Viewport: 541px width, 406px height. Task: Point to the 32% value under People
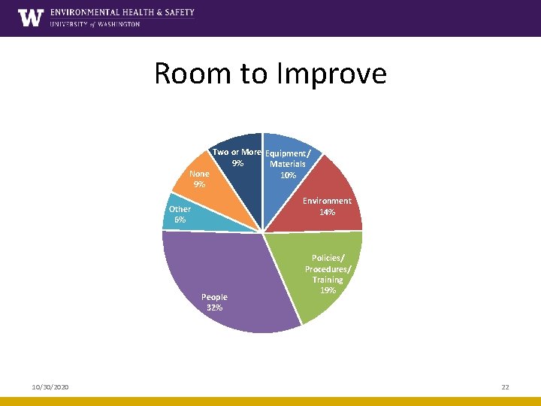tap(214, 308)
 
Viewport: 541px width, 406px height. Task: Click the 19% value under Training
tap(328, 290)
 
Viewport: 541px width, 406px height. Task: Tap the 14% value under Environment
tap(327, 212)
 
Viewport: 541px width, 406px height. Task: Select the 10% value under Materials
tap(288, 175)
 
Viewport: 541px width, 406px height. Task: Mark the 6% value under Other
tap(180, 220)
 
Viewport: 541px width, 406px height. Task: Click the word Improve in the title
tap(335, 74)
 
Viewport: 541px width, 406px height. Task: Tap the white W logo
tap(31, 18)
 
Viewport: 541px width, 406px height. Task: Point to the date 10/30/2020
tap(50, 386)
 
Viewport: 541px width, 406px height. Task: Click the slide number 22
tap(505, 386)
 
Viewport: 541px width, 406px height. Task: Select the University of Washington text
tap(95, 24)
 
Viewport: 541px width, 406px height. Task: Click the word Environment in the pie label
tap(327, 201)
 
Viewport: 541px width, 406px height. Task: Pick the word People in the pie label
tap(214, 297)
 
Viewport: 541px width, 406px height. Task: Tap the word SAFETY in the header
tap(177, 12)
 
